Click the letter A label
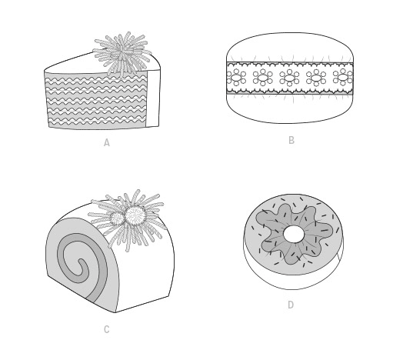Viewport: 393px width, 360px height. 107,142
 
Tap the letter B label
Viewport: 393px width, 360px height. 291,140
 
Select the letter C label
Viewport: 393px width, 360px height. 107,329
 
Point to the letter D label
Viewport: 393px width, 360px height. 291,305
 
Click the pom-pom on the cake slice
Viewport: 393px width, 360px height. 122,53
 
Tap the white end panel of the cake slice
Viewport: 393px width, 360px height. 153,98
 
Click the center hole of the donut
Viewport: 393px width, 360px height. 294,234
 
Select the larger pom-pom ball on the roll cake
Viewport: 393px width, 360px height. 135,215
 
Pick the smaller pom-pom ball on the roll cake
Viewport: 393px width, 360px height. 117,218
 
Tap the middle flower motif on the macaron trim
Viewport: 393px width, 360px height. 289,77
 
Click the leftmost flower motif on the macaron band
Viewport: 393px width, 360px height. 236,77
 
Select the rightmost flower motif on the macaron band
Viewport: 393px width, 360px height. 343,77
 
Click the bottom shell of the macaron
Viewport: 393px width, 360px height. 290,108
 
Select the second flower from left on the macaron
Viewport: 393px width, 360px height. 262,77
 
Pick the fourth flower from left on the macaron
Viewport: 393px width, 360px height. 316,77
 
